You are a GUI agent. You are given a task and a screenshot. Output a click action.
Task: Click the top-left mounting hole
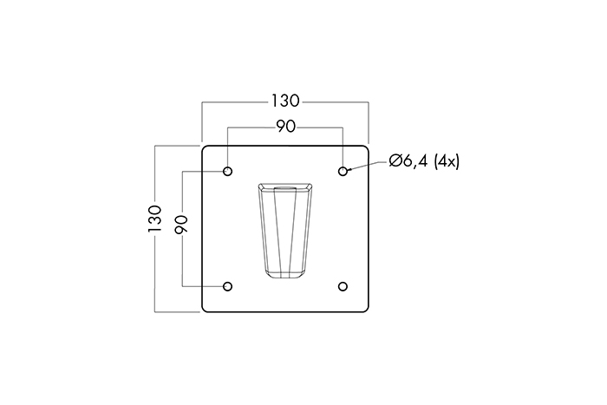coord(228,171)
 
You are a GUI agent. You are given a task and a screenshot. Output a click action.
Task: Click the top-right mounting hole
coord(343,171)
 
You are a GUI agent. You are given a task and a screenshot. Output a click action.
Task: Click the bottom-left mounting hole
coord(228,286)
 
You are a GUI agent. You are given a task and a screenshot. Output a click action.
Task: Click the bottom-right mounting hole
coord(343,286)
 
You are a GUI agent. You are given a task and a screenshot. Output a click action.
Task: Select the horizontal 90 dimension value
coord(286,127)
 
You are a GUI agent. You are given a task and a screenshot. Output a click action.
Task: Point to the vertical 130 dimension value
coord(155,221)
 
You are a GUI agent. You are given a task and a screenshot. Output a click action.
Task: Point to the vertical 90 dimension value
coord(181,227)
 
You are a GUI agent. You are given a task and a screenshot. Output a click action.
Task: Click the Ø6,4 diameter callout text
coord(409,160)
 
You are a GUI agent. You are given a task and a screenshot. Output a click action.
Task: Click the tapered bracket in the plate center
coord(285,231)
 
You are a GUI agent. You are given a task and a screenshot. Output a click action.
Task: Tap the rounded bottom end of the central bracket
coord(285,276)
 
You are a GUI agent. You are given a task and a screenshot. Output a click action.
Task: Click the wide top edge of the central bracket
coord(285,186)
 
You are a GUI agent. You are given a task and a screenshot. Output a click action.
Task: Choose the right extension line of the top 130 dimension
coord(369,121)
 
